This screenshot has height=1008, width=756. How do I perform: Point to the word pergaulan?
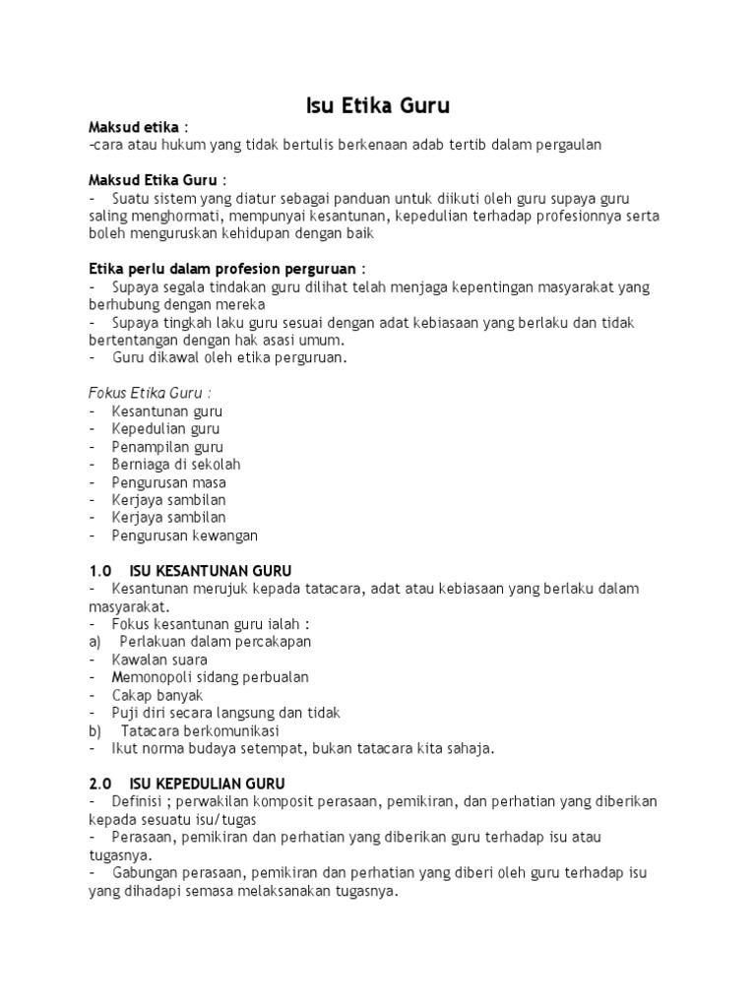pos(563,145)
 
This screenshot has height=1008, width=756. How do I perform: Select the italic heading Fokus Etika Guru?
pos(147,393)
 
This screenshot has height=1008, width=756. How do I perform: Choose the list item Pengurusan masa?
pos(168,482)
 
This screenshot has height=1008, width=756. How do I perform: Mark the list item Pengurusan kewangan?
pos(184,535)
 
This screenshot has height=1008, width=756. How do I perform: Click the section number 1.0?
pos(101,571)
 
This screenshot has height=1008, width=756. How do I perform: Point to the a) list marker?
pos(95,642)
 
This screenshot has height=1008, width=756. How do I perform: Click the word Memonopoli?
pos(154,677)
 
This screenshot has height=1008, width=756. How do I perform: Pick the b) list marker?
pos(95,730)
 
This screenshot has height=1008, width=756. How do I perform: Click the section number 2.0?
pos(101,784)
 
